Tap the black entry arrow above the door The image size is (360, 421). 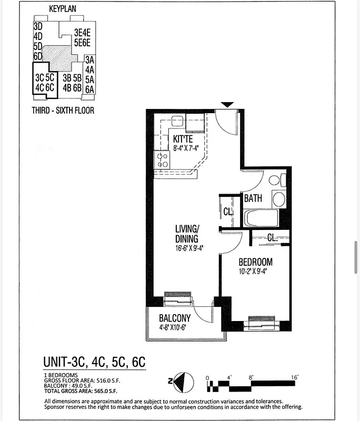226,105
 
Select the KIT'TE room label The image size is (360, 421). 183,139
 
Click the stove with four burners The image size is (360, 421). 163,160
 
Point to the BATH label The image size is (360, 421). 253,198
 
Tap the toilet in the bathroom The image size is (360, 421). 275,180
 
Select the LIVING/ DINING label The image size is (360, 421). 187,234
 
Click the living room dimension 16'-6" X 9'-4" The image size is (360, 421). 190,248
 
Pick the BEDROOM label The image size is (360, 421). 256,262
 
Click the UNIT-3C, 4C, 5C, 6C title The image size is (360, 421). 94,363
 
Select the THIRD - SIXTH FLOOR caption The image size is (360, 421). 63,111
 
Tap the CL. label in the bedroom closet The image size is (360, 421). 272,238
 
